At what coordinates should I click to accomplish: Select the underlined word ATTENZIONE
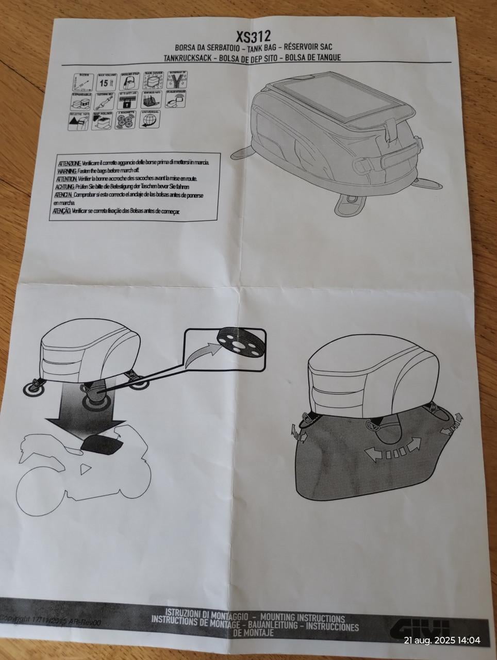pos(68,162)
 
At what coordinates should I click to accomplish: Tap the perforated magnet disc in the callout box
pos(239,340)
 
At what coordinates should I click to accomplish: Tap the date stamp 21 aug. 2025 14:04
pos(442,640)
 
